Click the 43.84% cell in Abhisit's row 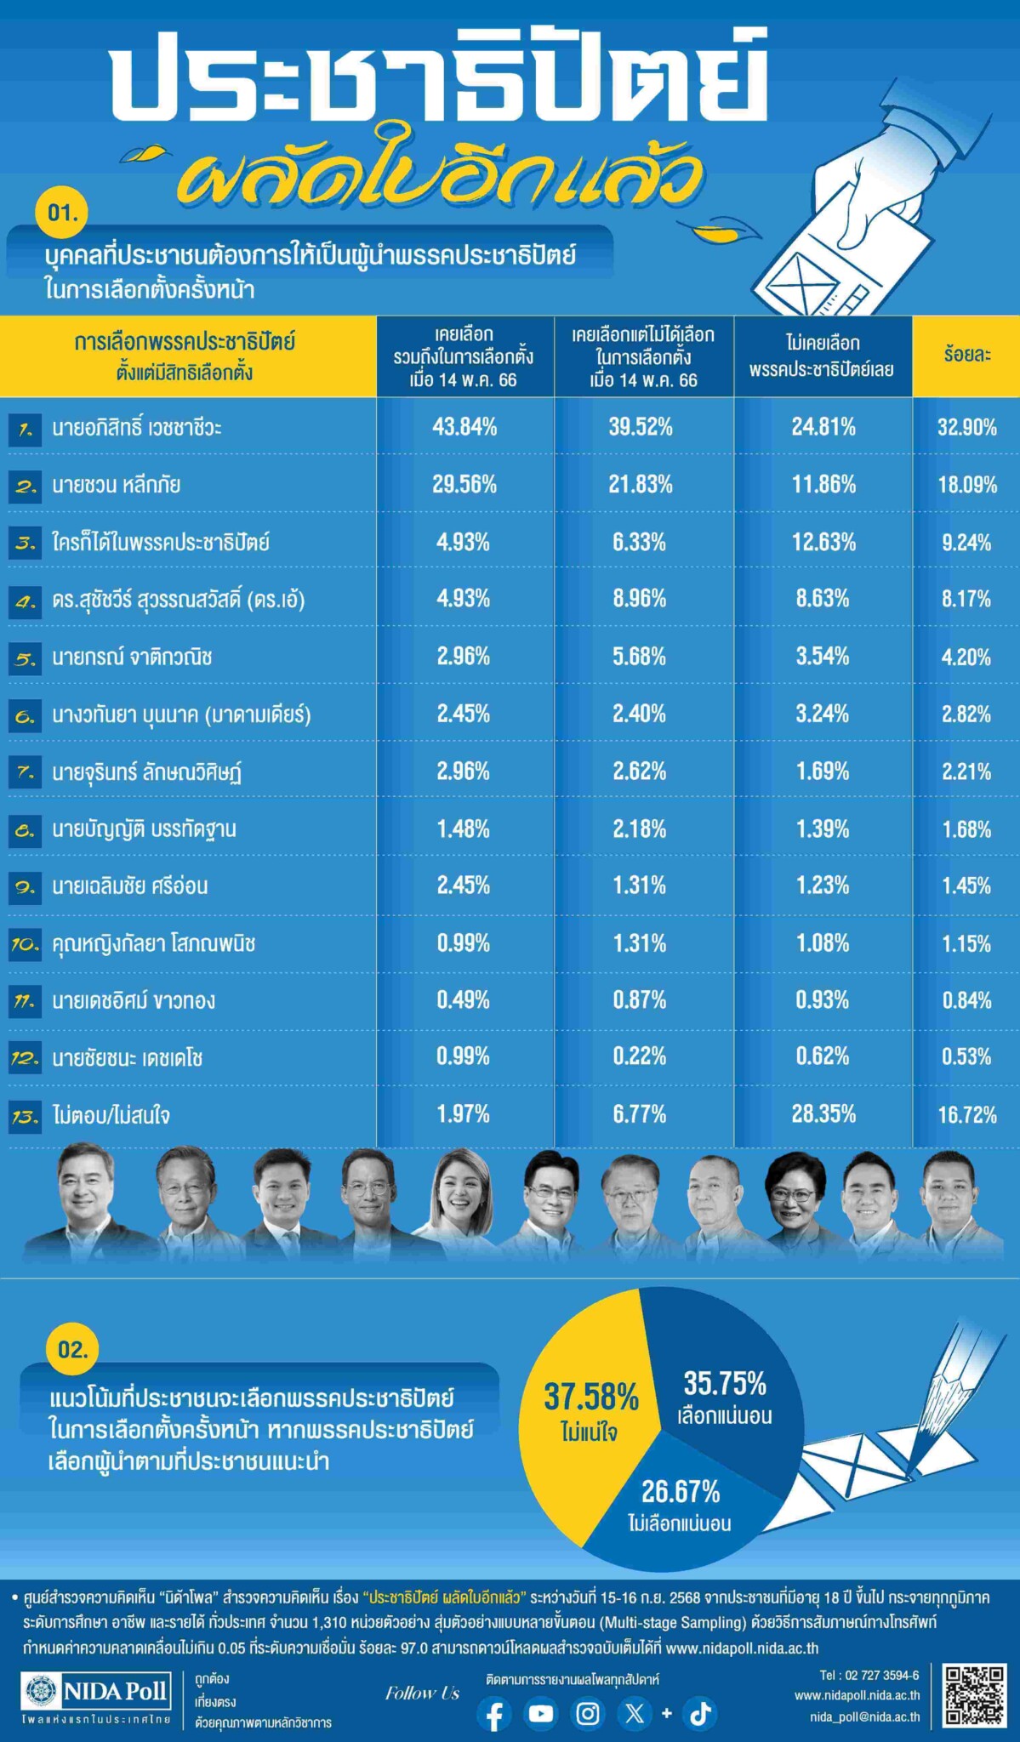pyautogui.click(x=464, y=427)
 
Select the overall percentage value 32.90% pyautogui.click(x=966, y=427)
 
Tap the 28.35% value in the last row pyautogui.click(x=823, y=1114)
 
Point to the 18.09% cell pyautogui.click(x=966, y=485)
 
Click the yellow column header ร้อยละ pyautogui.click(x=966, y=355)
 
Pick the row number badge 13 pyautogui.click(x=25, y=1117)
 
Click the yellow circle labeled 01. pyautogui.click(x=62, y=212)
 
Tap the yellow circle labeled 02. pyautogui.click(x=72, y=1350)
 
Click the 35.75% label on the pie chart pyautogui.click(x=725, y=1385)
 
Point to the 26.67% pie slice pyautogui.click(x=680, y=1501)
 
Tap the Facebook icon pyautogui.click(x=494, y=1714)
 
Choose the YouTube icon pyautogui.click(x=541, y=1713)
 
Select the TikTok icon pyautogui.click(x=700, y=1713)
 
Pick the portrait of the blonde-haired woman pyautogui.click(x=463, y=1200)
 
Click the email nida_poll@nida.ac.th pyautogui.click(x=864, y=1716)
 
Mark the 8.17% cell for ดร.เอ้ pyautogui.click(x=966, y=599)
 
